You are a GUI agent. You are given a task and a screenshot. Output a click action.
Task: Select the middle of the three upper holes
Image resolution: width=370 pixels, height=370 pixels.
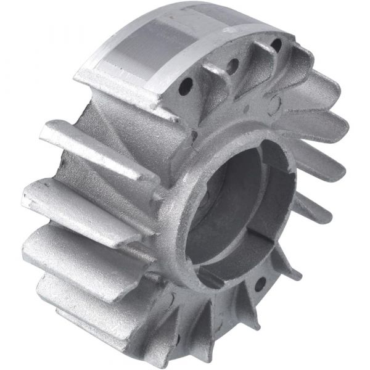click(233, 65)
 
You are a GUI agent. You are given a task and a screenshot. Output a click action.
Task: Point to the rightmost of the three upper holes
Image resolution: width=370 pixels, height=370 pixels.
click(276, 45)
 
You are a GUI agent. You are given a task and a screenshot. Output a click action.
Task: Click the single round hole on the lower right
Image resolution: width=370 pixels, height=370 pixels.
click(260, 284)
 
